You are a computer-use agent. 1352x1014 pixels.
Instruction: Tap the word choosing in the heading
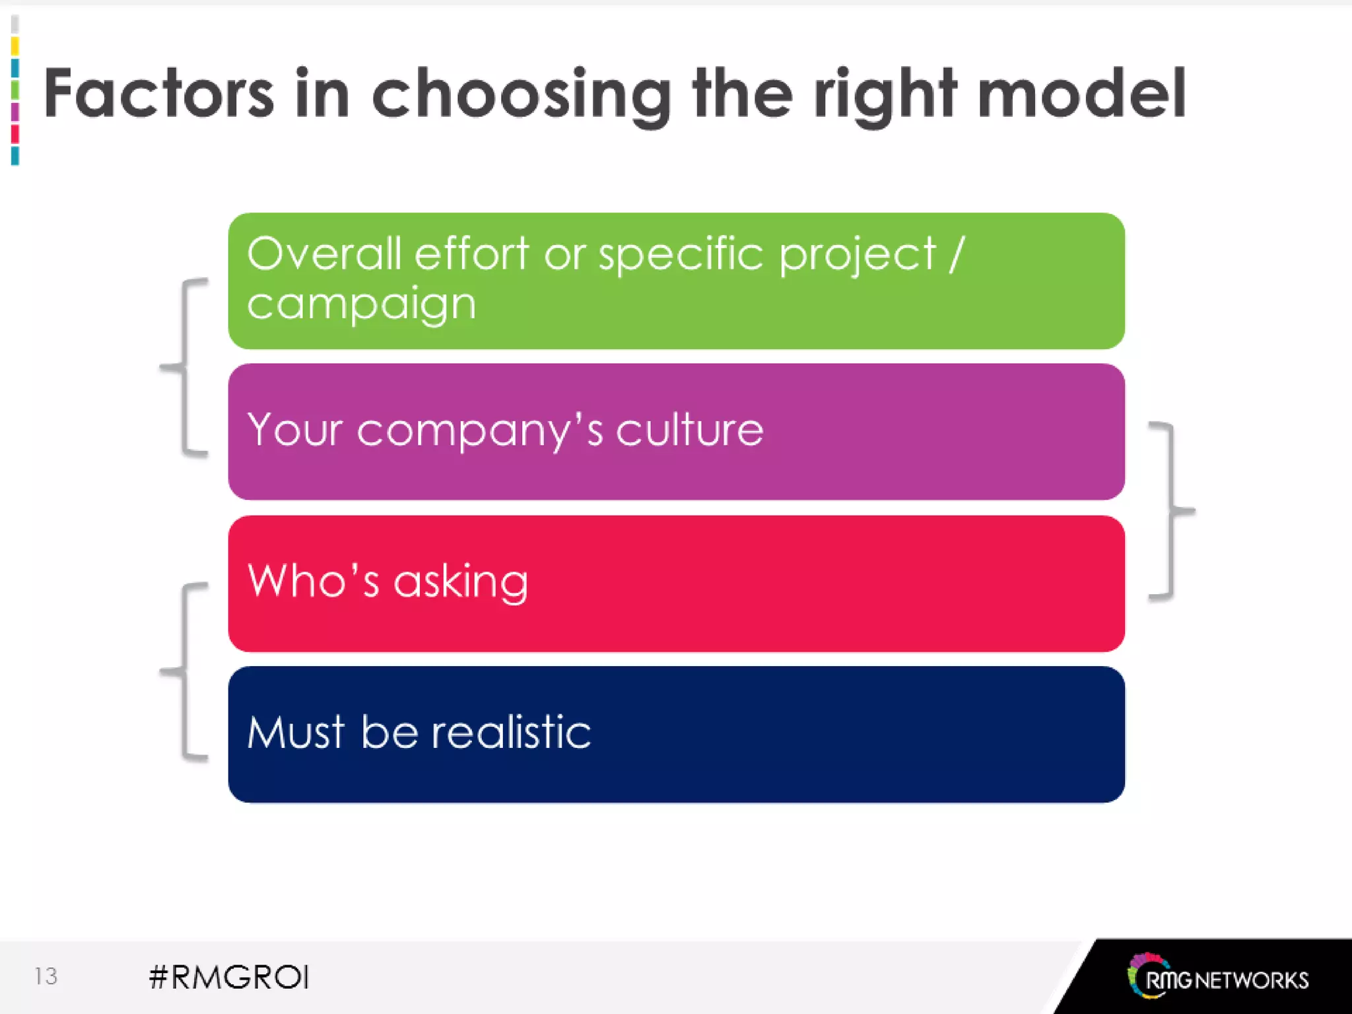pos(522,96)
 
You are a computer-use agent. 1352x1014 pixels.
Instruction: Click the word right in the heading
pos(885,96)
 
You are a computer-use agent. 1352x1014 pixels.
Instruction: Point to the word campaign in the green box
pos(361,305)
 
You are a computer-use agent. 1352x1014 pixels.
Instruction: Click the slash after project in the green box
pos(957,253)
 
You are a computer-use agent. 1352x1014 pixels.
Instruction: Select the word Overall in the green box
pos(323,253)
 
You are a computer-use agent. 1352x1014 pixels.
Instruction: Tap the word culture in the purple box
pos(689,430)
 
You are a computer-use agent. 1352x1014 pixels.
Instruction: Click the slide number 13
pos(46,976)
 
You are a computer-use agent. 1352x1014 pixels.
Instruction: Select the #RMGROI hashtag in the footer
pos(229,977)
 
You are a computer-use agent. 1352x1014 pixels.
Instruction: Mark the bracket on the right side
pos(1171,510)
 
